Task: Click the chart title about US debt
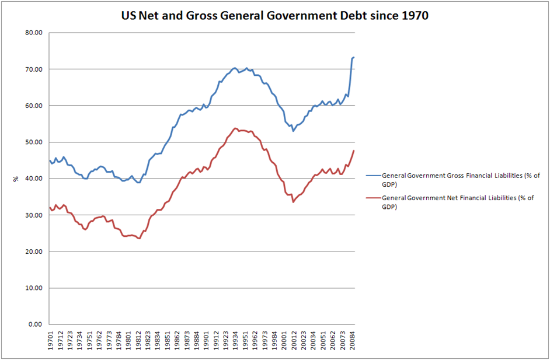tap(274, 16)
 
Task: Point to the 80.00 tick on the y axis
tap(34, 33)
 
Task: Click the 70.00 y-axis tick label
tap(34, 69)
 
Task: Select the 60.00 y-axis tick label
tap(34, 106)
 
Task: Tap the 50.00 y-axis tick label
tap(34, 142)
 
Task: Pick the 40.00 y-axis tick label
tap(34, 179)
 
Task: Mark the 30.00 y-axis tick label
tap(34, 215)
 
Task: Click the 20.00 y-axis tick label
tap(34, 251)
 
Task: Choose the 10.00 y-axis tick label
tap(34, 288)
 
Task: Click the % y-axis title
tap(15, 179)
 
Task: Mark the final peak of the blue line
tap(354, 57)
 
